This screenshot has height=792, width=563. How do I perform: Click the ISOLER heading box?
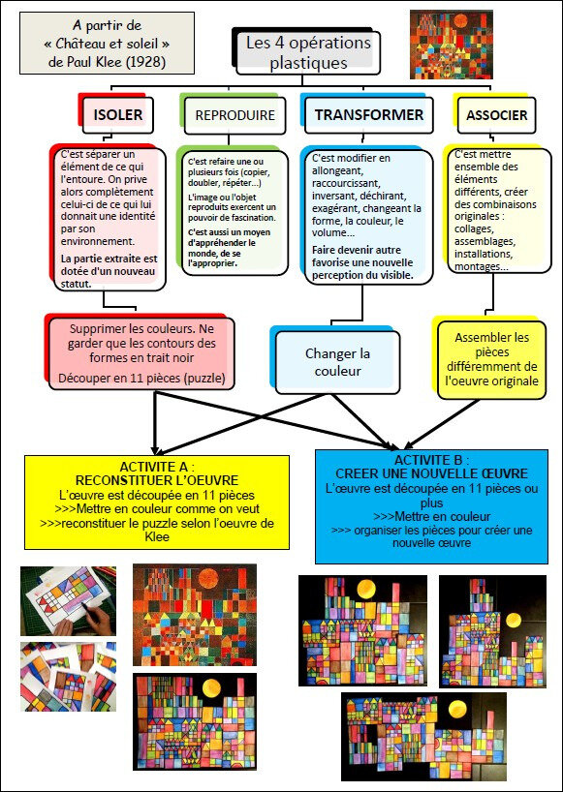tap(118, 115)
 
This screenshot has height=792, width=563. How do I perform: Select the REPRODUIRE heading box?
tap(235, 115)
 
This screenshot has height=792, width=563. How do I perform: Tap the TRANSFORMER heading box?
tap(369, 115)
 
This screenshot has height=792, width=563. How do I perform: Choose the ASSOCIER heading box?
tap(496, 115)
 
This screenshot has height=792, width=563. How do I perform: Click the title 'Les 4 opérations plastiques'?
tap(308, 52)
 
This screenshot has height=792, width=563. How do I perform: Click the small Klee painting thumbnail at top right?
tap(451, 45)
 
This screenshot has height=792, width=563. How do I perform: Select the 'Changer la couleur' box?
tap(337, 362)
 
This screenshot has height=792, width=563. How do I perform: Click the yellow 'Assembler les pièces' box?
tap(491, 359)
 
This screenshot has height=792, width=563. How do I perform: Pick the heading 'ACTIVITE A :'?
tap(157, 466)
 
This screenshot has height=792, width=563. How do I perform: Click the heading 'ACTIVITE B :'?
tap(431, 460)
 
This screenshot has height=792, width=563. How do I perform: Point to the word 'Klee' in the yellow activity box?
tap(157, 536)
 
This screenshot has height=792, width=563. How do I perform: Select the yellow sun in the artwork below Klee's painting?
tap(211, 689)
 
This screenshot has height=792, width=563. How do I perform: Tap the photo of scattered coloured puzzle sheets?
tap(68, 677)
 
